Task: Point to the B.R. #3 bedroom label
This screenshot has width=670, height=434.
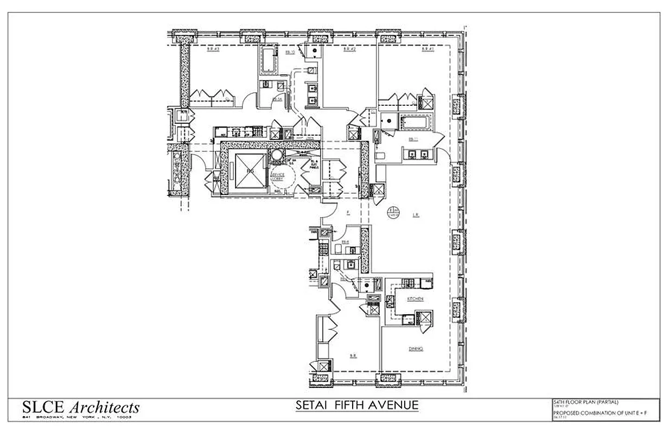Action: pos(213,49)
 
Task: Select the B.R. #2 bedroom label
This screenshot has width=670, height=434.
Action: pos(349,49)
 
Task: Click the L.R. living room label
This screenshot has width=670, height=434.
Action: pos(415,215)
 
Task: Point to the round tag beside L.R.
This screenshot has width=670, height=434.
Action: pos(392,212)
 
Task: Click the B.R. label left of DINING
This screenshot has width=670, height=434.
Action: pos(353,356)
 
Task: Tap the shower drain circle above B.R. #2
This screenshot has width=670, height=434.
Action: pos(313,50)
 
